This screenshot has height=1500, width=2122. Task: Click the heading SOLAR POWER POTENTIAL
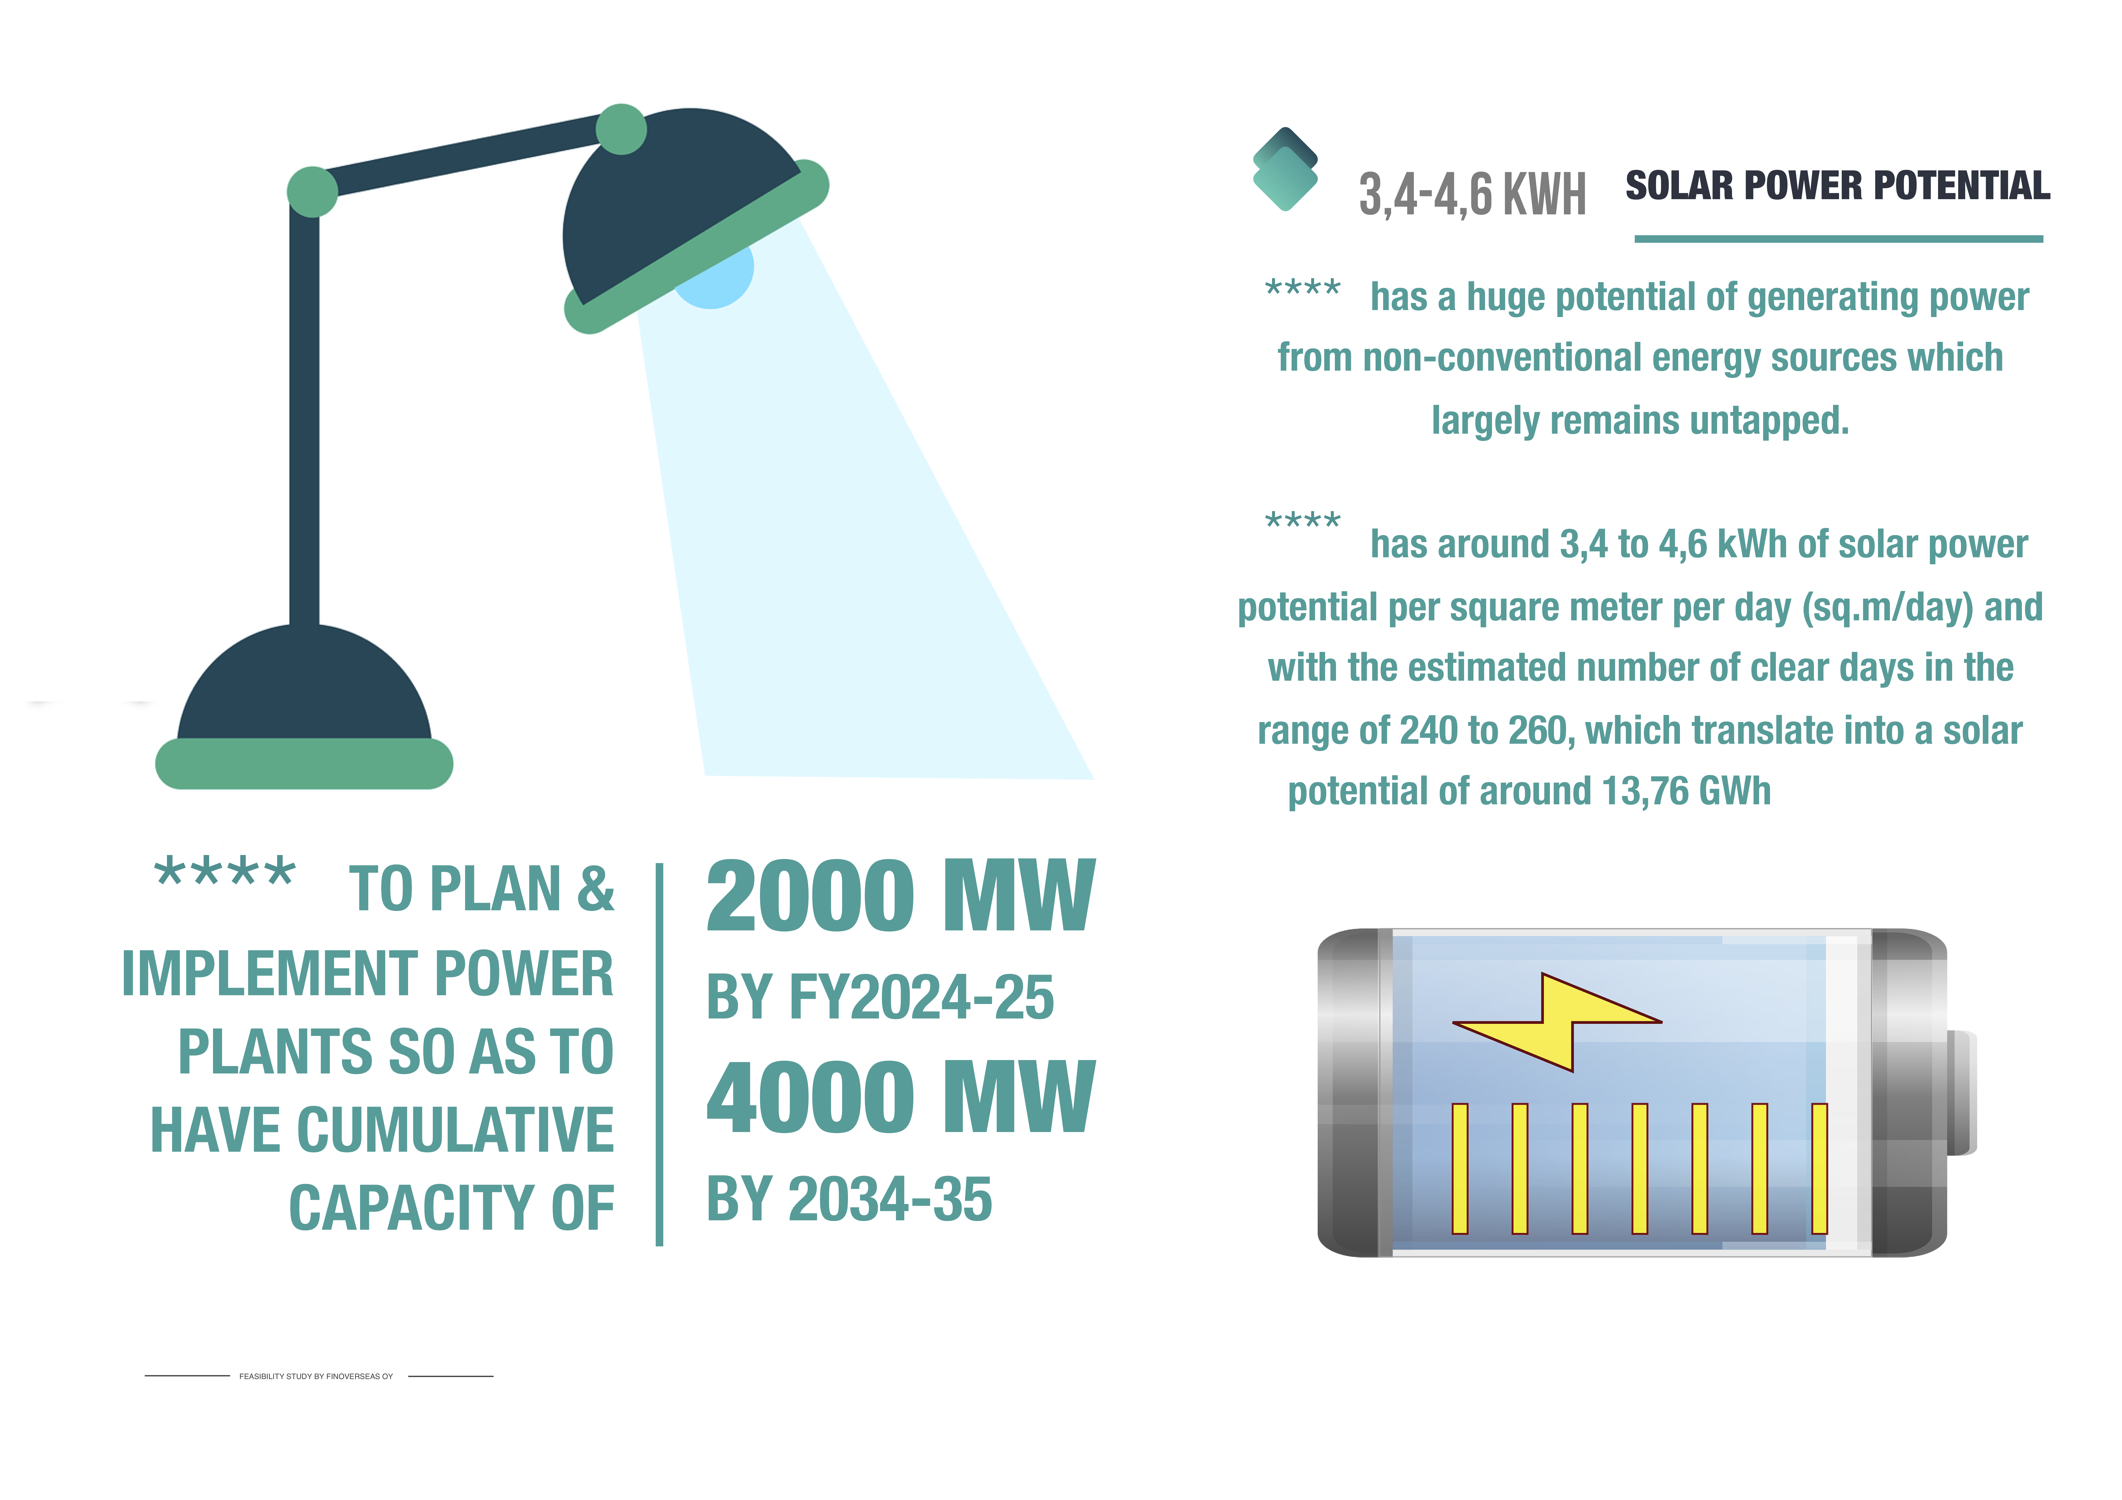(x=1837, y=186)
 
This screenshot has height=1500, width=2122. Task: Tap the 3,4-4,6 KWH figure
(x=1472, y=194)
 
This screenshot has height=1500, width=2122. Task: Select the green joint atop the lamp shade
(x=621, y=129)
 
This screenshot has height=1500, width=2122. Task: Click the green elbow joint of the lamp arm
(x=312, y=191)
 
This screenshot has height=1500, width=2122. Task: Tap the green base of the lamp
(x=304, y=763)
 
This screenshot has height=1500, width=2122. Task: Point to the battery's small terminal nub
(x=1961, y=1092)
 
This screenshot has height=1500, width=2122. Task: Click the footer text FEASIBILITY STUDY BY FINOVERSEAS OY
(x=316, y=1376)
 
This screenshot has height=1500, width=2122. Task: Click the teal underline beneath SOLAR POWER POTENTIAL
(x=1838, y=239)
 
